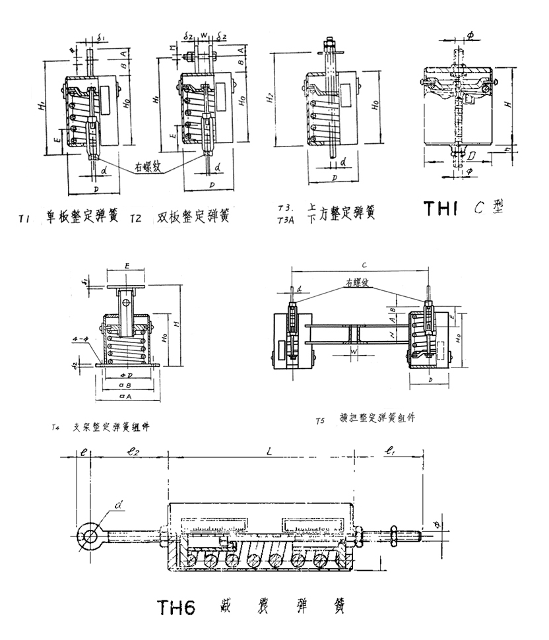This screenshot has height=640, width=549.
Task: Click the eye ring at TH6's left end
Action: [x=87, y=535]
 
